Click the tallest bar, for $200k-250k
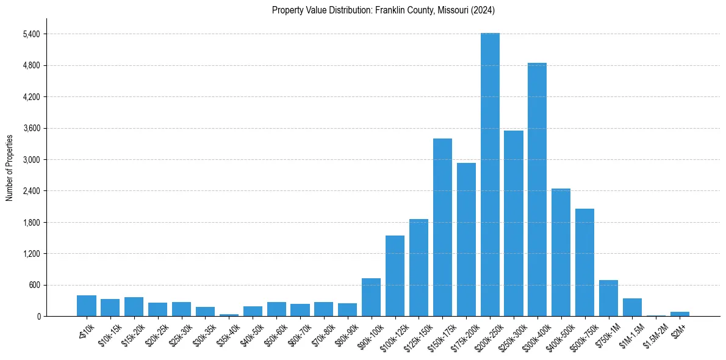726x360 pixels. tap(490, 175)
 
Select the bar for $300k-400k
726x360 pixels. tap(537, 189)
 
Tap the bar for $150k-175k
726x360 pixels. tap(442, 227)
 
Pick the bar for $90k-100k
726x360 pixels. tap(371, 297)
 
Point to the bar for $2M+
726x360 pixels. tap(680, 314)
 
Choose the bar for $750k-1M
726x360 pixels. tap(608, 298)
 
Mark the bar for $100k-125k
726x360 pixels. tap(395, 276)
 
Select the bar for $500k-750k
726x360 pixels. tap(584, 262)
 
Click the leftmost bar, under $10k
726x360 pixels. tap(87, 306)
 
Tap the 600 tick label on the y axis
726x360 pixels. tap(34, 285)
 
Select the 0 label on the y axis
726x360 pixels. tap(38, 317)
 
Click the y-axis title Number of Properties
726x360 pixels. tap(9, 167)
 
